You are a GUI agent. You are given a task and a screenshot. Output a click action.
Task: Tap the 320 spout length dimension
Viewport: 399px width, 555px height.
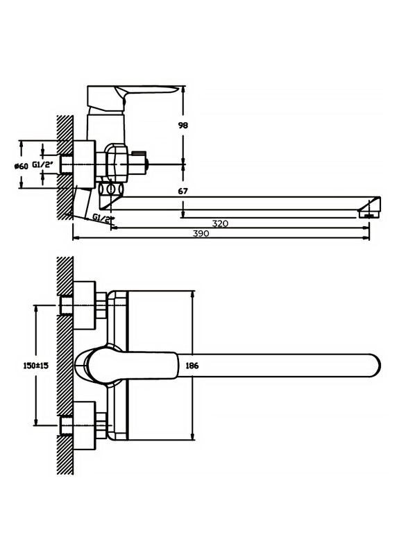click(220, 223)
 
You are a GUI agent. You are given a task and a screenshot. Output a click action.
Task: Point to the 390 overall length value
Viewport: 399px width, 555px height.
click(201, 234)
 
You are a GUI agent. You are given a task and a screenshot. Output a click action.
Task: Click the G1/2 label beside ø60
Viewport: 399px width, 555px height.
click(42, 164)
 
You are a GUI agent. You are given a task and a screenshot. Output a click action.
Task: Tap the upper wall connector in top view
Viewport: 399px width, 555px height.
click(85, 304)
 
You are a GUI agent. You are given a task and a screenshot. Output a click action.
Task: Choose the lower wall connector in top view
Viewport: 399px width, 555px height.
click(85, 425)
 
